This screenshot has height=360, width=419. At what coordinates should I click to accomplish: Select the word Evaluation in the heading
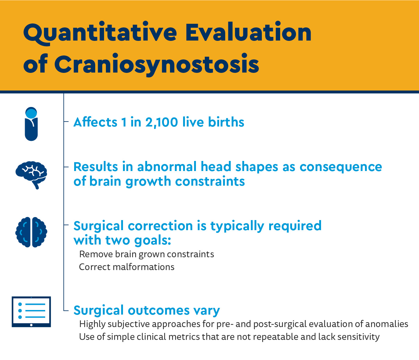click(248, 32)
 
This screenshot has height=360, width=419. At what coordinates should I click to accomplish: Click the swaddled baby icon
click(31, 124)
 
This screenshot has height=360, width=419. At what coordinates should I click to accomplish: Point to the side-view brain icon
click(31, 175)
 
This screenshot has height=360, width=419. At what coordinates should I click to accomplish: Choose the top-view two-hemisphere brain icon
click(31, 232)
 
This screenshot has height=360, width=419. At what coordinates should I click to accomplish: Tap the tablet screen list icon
click(31, 312)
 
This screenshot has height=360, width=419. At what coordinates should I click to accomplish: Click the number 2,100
click(161, 122)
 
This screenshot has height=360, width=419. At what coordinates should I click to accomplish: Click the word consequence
click(341, 168)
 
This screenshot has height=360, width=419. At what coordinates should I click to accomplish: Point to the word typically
click(237, 226)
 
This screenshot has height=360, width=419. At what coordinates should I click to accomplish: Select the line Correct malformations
click(127, 267)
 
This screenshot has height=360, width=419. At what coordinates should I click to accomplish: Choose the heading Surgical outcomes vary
click(146, 310)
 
